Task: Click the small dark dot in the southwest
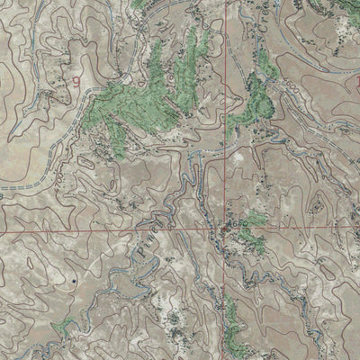73,282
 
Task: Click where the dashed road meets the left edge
2,188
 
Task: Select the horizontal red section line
108,229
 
